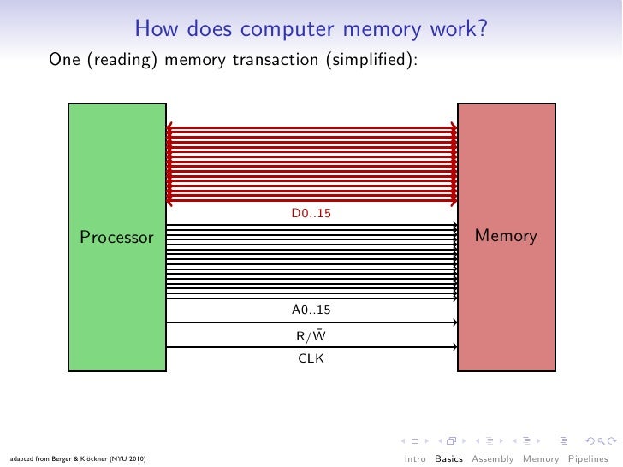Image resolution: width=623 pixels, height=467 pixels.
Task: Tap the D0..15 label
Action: pyautogui.click(x=311, y=213)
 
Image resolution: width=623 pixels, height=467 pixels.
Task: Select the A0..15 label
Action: pyautogui.click(x=311, y=309)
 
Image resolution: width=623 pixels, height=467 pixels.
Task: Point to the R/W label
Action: pyautogui.click(x=311, y=335)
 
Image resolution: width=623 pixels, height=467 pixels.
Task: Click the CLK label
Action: pyautogui.click(x=311, y=358)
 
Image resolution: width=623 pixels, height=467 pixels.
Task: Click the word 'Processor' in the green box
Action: pyautogui.click(x=116, y=237)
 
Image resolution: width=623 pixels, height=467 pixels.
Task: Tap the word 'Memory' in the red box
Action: pyautogui.click(x=506, y=236)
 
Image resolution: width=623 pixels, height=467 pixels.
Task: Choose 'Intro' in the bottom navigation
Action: pyautogui.click(x=415, y=458)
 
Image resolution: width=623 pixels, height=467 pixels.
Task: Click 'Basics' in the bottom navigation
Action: pyautogui.click(x=448, y=458)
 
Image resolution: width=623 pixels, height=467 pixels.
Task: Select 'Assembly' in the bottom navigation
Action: pyautogui.click(x=494, y=458)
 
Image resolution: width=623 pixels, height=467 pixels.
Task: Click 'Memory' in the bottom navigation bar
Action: pyautogui.click(x=541, y=458)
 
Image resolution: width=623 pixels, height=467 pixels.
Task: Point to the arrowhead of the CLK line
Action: pyautogui.click(x=455, y=346)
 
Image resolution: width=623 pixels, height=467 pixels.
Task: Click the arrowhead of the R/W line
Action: pyautogui.click(x=455, y=322)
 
